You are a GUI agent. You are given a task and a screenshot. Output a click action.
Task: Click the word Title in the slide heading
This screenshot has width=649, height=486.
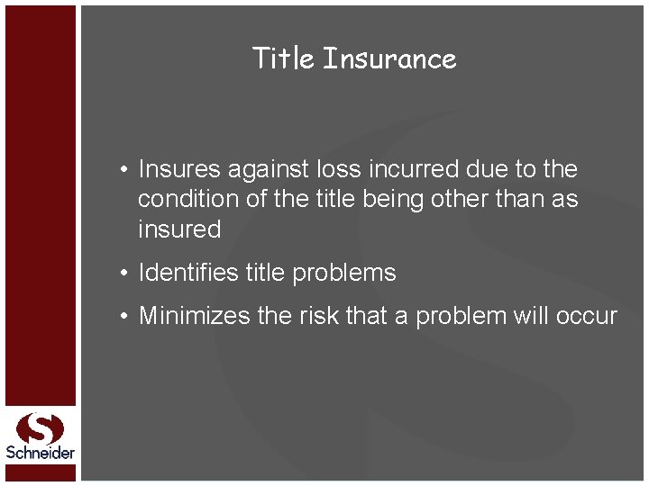point(283,58)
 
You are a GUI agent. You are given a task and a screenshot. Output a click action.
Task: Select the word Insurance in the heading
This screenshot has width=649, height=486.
point(389,58)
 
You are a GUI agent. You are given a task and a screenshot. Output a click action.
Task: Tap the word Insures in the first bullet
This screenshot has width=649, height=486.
point(179,169)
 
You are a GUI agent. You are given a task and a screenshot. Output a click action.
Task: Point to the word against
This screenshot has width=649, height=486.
point(270,169)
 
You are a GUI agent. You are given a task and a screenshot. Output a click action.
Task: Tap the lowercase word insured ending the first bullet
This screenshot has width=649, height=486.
point(179,229)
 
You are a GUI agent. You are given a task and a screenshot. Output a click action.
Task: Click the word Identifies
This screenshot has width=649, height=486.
point(188,273)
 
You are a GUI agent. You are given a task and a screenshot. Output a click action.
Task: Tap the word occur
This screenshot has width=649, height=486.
point(592,316)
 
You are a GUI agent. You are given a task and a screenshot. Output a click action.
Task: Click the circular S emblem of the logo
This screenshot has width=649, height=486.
point(40,427)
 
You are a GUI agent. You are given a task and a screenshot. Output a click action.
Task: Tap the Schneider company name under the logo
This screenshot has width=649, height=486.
point(40,453)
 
